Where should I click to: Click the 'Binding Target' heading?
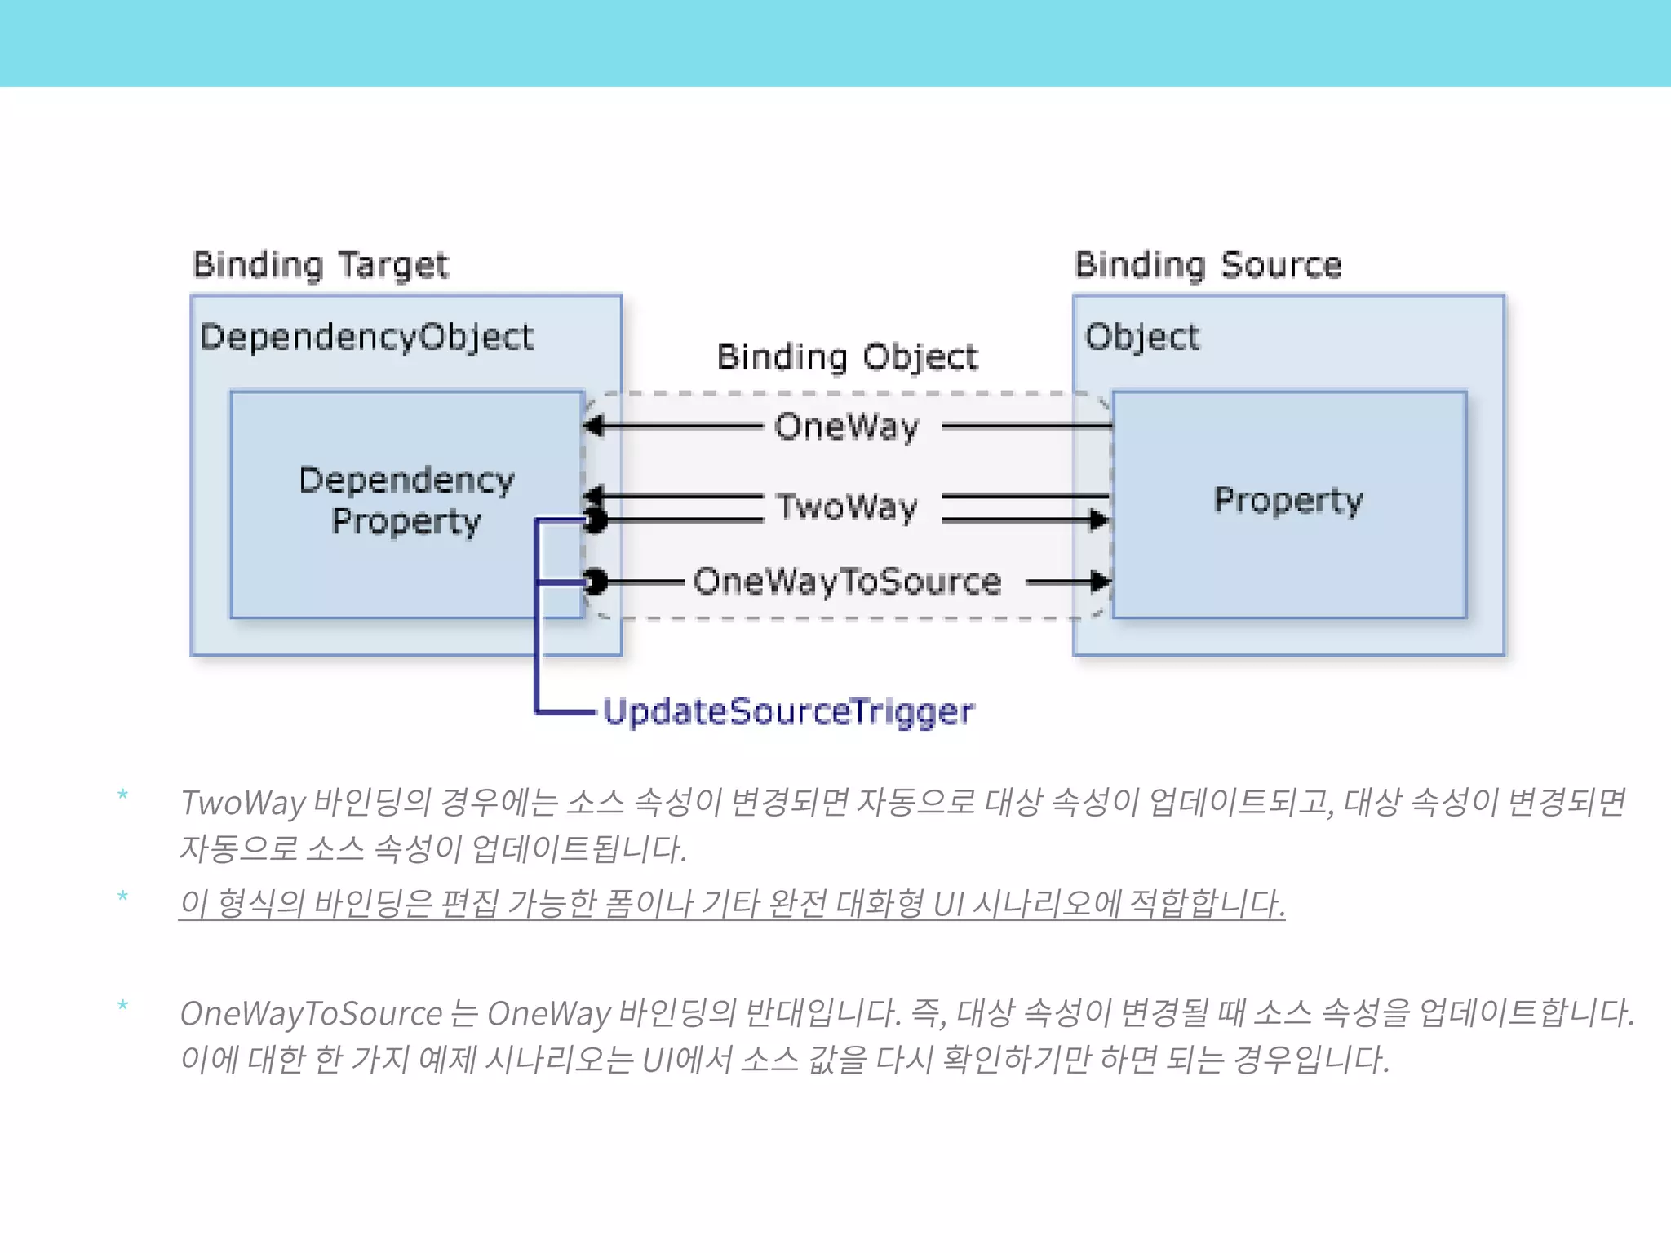point(320,265)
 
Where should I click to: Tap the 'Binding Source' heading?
point(1208,265)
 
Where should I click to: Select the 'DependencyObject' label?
point(366,337)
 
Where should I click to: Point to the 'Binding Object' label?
point(847,357)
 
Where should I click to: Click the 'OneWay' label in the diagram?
point(847,427)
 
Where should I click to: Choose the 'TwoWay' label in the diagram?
point(847,507)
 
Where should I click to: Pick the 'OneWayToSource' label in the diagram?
point(847,582)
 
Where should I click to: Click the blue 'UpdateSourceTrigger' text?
point(788,711)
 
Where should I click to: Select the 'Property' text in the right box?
point(1288,500)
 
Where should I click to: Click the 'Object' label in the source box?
point(1141,337)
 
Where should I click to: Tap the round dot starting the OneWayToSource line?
point(596,582)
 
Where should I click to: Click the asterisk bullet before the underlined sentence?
point(123,897)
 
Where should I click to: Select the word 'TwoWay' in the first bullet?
point(243,803)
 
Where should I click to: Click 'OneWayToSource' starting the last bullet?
point(311,1014)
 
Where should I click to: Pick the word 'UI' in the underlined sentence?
point(948,904)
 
